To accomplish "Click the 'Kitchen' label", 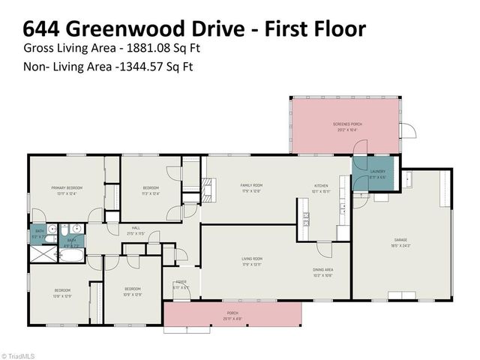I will pos(321,186).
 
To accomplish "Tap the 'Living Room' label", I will pos(251,259).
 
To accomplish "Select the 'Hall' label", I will pos(136,228).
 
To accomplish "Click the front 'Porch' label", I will pos(232,313).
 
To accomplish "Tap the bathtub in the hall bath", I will pos(72,256).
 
